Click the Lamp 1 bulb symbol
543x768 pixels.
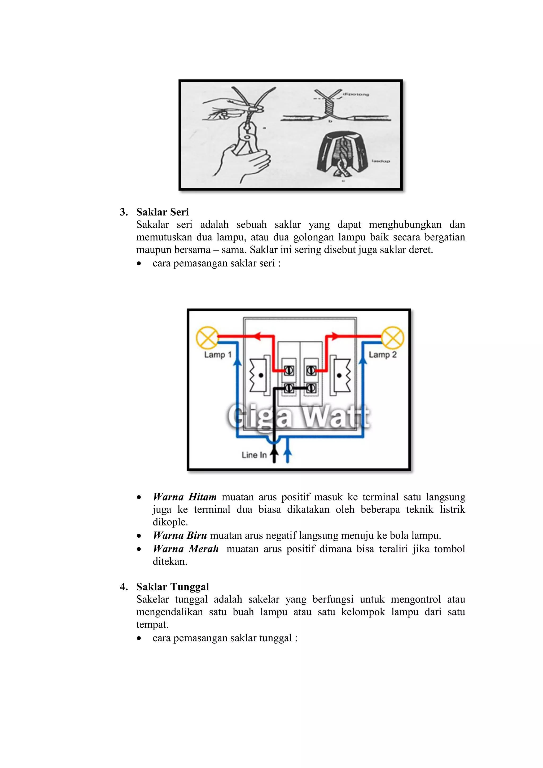click(207, 337)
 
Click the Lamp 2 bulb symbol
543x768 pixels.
click(393, 337)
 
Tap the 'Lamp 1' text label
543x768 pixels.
click(218, 354)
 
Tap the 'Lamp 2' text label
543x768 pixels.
click(382, 354)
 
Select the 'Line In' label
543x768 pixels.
click(254, 455)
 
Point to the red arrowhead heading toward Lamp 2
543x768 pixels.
click(335, 336)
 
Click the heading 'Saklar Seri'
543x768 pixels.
click(162, 212)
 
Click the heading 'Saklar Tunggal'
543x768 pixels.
click(172, 587)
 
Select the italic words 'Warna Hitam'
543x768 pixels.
click(185, 497)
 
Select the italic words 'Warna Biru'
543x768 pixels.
click(180, 535)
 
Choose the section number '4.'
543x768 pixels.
click(124, 587)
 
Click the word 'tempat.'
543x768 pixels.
click(152, 625)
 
